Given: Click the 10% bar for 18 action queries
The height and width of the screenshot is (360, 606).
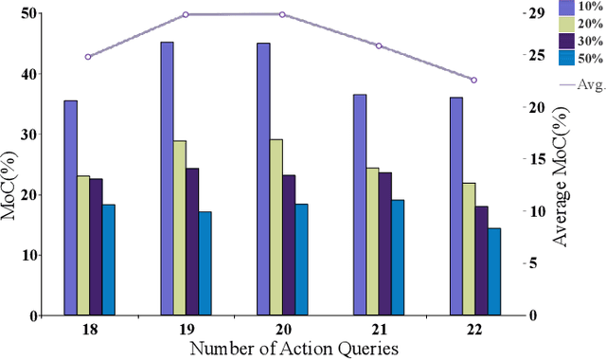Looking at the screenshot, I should pyautogui.click(x=70, y=207).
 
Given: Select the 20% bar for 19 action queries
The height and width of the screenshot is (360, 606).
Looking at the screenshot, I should pyautogui.click(x=179, y=227).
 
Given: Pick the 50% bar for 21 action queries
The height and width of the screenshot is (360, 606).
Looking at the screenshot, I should pyautogui.click(x=398, y=257).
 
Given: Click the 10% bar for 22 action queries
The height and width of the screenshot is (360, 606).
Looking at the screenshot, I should pyautogui.click(x=455, y=206).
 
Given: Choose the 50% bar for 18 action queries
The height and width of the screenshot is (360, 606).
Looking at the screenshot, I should pyautogui.click(x=108, y=260).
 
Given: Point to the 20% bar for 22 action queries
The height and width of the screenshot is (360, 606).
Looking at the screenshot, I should pyautogui.click(x=469, y=248).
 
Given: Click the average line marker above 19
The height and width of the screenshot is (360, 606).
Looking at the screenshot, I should pyautogui.click(x=186, y=15).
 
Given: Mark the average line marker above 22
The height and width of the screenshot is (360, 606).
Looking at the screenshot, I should pyautogui.click(x=474, y=80).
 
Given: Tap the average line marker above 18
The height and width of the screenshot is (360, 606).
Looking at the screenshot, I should pyautogui.click(x=88, y=57).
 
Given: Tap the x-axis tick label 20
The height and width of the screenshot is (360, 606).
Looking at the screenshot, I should pyautogui.click(x=281, y=330).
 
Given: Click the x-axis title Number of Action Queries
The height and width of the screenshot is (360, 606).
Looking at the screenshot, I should pyautogui.click(x=294, y=349).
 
